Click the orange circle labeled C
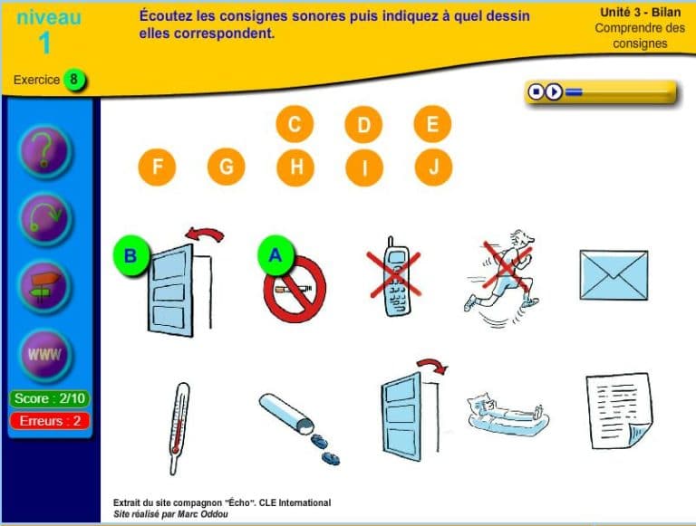click(295, 124)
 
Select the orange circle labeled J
click(433, 167)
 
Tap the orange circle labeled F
click(157, 167)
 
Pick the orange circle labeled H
click(295, 167)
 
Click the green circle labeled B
click(130, 256)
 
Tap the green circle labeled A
click(275, 255)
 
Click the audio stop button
click(536, 91)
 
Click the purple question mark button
click(44, 151)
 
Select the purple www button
click(45, 355)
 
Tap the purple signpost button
click(44, 286)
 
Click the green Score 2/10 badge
click(49, 398)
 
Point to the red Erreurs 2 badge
click(50, 420)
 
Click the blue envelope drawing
click(614, 275)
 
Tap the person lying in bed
click(507, 415)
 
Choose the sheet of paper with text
click(620, 411)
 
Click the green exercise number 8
click(74, 80)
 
